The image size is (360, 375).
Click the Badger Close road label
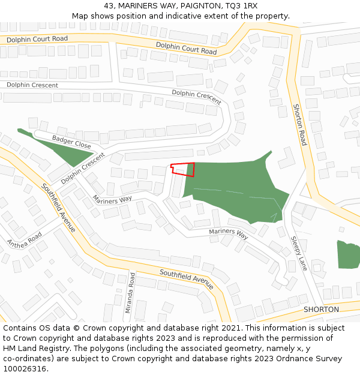click(x=71, y=142)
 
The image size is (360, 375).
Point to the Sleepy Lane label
click(x=299, y=253)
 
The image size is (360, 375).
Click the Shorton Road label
click(x=299, y=124)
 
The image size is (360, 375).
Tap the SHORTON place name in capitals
click(x=321, y=310)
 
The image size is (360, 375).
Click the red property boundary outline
click(x=183, y=169)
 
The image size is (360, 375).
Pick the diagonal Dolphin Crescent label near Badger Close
click(x=82, y=168)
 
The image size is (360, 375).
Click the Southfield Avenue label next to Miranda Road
click(x=187, y=280)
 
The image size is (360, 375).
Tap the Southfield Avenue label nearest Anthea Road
click(x=58, y=207)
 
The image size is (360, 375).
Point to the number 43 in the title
click(x=109, y=5)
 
